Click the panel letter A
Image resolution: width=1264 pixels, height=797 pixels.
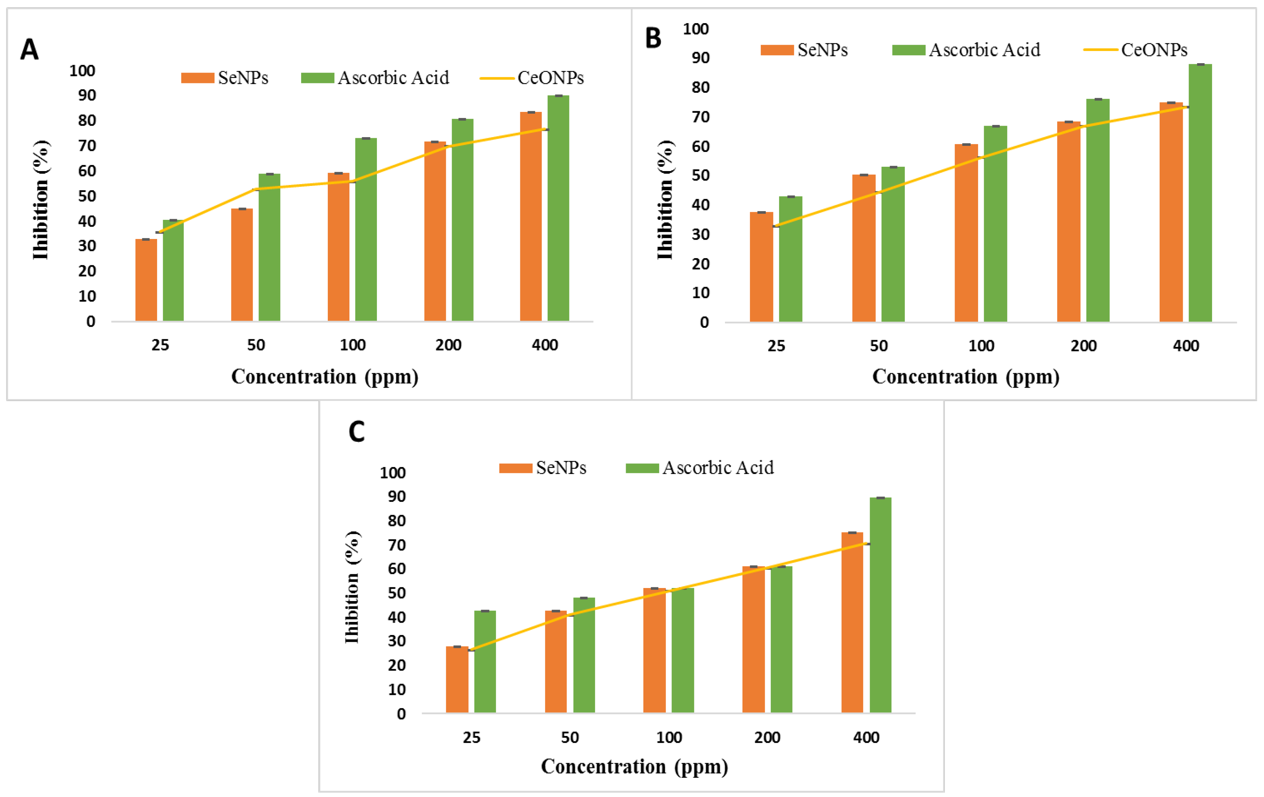[29, 50]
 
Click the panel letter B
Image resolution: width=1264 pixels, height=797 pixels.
[653, 38]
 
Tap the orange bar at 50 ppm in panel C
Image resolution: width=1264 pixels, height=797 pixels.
[556, 662]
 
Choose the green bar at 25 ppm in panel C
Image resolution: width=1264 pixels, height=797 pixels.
[485, 662]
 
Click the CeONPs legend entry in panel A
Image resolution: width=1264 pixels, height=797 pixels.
[532, 78]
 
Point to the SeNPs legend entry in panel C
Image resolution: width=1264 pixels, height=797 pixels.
[543, 467]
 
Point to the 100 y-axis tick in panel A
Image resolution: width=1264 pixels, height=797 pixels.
[82, 70]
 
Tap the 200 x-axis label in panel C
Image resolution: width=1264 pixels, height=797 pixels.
[767, 737]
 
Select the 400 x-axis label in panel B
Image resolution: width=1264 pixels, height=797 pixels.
[1186, 346]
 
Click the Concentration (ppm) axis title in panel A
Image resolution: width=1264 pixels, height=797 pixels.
[325, 377]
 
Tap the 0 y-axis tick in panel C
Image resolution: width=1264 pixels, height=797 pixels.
[401, 714]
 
